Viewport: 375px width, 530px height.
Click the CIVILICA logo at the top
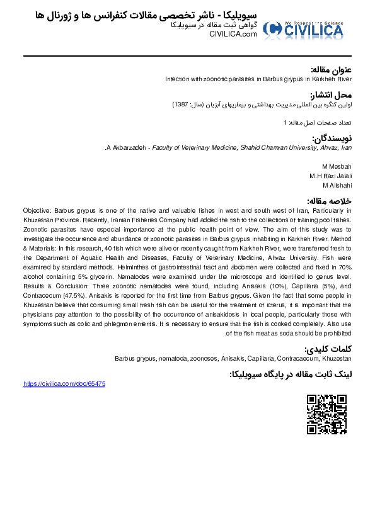[x=303, y=29]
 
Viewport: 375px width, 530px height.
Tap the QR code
[x=326, y=414]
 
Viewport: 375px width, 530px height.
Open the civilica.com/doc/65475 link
[x=64, y=383]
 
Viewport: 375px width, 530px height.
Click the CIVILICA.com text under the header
[x=233, y=34]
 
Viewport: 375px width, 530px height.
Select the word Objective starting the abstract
[x=37, y=210]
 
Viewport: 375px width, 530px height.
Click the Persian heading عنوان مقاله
[x=332, y=69]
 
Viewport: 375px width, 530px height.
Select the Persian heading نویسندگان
[x=332, y=138]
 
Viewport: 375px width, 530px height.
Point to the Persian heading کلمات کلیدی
[x=328, y=349]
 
